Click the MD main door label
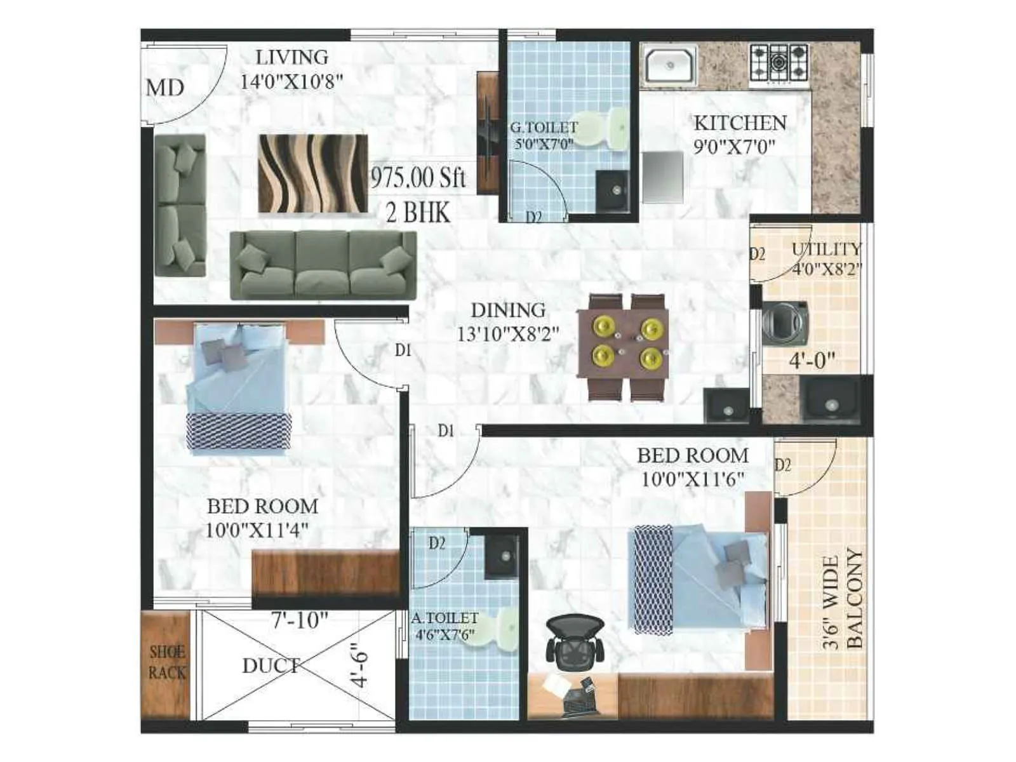(165, 88)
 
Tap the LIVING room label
(292, 57)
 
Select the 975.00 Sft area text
(418, 177)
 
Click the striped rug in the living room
(313, 173)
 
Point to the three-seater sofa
(323, 265)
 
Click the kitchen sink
(669, 65)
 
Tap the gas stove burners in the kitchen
(779, 62)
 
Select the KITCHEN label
(740, 123)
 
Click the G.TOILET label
(544, 128)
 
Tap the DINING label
(508, 310)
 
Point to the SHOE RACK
(167, 662)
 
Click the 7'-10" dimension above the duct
(300, 620)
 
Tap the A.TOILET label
(444, 618)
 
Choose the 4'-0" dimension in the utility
(812, 361)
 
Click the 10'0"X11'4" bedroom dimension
(257, 530)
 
